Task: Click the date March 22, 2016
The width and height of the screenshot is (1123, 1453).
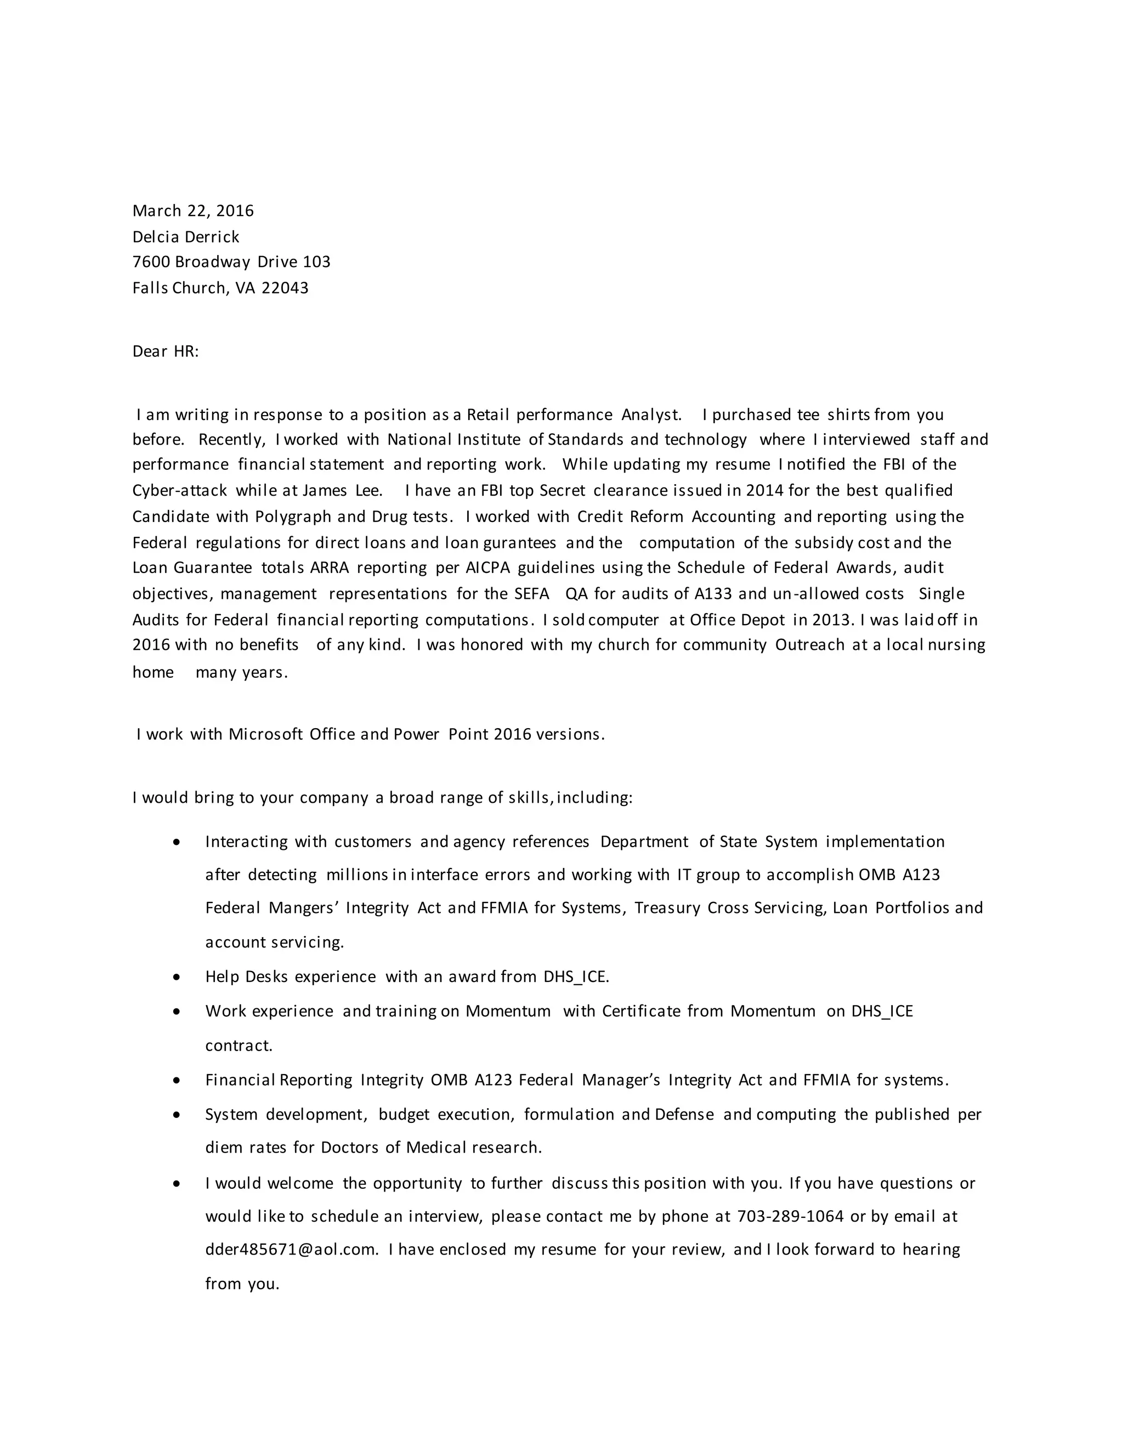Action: point(193,211)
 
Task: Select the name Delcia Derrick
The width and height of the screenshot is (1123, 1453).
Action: point(186,237)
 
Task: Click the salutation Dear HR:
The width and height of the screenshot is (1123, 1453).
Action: point(166,351)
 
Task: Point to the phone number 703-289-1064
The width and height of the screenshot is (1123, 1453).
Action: point(790,1216)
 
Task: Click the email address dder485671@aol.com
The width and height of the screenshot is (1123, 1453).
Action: point(291,1250)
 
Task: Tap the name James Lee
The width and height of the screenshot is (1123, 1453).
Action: point(342,491)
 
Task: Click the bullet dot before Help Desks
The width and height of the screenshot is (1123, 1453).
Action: point(177,977)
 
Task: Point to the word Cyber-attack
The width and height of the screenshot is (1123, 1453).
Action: point(180,491)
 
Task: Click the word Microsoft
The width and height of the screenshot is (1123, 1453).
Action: point(265,735)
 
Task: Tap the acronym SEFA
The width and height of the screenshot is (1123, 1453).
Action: point(531,594)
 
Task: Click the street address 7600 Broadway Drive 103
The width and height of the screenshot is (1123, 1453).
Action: point(231,262)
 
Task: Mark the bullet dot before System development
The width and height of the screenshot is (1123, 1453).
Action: point(177,1114)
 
